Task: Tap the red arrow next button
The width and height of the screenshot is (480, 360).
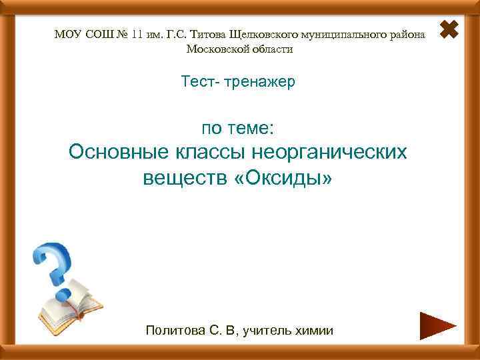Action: tap(437, 326)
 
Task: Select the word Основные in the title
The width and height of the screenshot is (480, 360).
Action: tap(117, 152)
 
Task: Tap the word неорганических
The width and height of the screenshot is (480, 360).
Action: tap(329, 152)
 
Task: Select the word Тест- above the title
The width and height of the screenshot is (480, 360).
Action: tap(199, 83)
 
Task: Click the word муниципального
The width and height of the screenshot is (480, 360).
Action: tap(343, 33)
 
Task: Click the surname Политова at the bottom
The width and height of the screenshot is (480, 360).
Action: tap(173, 330)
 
